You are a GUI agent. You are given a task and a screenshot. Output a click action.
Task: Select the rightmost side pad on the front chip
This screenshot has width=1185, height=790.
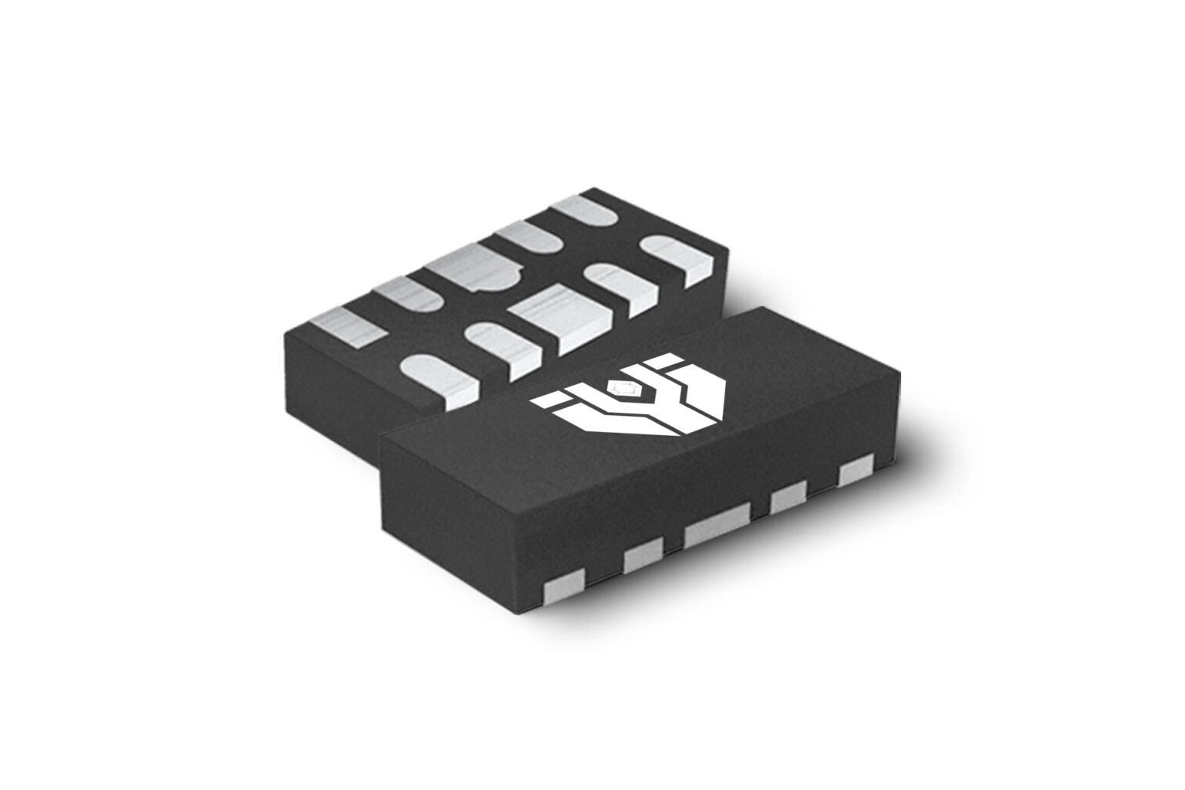[856, 471]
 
